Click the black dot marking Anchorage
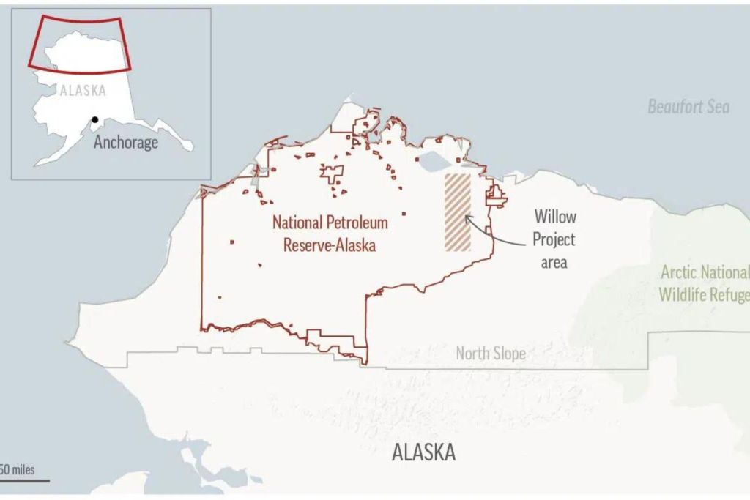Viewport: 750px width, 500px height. point(95,120)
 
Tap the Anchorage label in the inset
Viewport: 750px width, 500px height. point(125,142)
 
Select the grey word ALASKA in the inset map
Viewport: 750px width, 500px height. point(83,91)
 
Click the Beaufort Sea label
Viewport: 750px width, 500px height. point(688,107)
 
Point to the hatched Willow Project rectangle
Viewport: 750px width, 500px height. point(458,212)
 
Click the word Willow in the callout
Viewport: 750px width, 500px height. point(554,217)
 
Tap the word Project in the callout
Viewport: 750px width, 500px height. point(554,239)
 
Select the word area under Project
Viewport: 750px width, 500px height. point(554,262)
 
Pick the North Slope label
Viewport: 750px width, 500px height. point(491,354)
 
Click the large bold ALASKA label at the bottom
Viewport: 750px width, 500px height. point(424,452)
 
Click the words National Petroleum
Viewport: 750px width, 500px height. point(330,223)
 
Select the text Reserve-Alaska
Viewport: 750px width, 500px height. point(330,245)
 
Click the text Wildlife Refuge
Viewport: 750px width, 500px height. point(703,295)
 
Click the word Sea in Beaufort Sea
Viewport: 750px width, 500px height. point(717,107)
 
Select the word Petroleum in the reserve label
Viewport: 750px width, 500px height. point(359,223)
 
